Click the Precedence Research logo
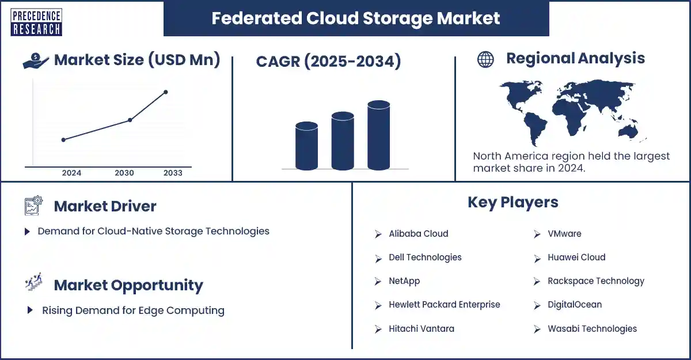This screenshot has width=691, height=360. tap(36, 22)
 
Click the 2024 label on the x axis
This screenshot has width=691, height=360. tap(71, 173)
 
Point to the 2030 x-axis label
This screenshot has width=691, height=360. tap(124, 173)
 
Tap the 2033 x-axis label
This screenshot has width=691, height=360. tap(173, 173)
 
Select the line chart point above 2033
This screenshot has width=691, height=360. tap(166, 92)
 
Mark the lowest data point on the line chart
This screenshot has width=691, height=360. tap(63, 140)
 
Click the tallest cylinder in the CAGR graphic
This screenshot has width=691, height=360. tap(378, 135)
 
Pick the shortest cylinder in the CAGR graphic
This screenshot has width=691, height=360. tap(306, 146)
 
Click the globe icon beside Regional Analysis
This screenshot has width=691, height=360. tap(485, 59)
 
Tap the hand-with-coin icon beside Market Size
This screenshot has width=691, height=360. tap(36, 61)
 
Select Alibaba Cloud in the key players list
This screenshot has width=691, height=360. tap(418, 233)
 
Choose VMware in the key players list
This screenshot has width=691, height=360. tap(564, 233)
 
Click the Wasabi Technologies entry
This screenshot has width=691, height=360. tap(592, 328)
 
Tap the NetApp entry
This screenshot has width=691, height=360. tap(404, 281)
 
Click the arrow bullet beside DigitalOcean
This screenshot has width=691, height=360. tap(537, 305)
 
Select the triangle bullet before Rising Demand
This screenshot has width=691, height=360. tap(30, 310)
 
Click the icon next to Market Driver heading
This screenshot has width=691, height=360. tap(33, 205)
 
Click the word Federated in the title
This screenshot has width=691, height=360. tap(257, 18)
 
